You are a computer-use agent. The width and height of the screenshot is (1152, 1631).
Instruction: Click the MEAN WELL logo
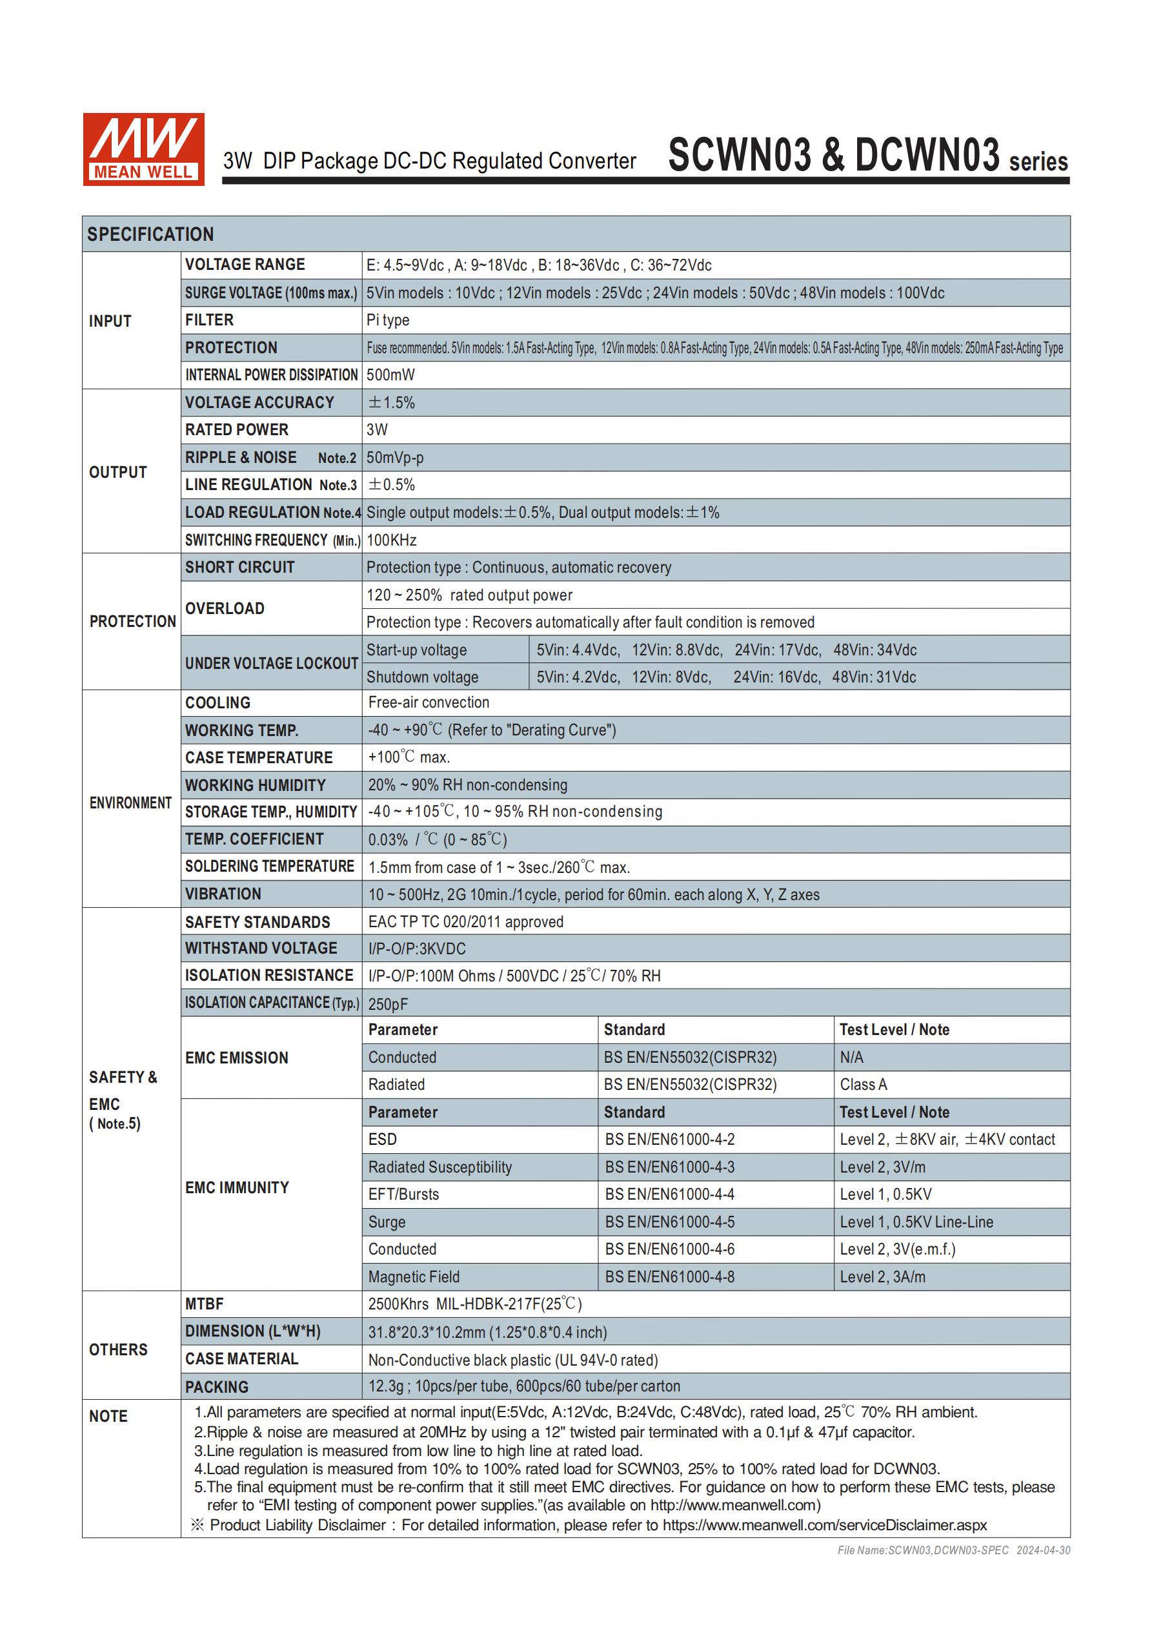(143, 149)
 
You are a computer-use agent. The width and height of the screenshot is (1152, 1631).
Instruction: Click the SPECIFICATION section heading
(150, 234)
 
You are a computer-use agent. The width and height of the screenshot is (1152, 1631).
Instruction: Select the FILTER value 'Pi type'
(388, 320)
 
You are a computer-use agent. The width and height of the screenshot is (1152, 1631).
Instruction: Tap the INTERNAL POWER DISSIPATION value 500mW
(390, 375)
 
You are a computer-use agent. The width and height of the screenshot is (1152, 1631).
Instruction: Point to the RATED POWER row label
(236, 430)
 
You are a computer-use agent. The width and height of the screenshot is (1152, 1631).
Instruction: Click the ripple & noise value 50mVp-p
(395, 458)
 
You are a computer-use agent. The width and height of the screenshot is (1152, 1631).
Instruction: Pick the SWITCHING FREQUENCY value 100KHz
(391, 540)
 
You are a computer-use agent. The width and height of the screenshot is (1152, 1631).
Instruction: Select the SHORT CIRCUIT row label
(239, 568)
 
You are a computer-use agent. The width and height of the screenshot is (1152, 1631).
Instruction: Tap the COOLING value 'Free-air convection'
(429, 703)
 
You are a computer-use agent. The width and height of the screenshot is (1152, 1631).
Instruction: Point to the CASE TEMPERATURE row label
(259, 758)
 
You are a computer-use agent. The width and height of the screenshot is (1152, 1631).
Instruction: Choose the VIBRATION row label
(223, 894)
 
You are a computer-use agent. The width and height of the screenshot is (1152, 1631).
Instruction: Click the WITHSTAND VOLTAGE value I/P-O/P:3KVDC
(417, 949)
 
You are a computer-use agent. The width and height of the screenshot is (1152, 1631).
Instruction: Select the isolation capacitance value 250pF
(388, 1004)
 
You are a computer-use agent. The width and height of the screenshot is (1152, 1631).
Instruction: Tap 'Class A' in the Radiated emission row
(864, 1085)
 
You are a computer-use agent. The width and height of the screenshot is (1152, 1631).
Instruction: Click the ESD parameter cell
(383, 1140)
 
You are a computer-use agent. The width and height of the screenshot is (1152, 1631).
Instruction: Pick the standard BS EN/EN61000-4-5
(670, 1222)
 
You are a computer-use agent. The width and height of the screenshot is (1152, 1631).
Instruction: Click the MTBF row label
(205, 1304)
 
